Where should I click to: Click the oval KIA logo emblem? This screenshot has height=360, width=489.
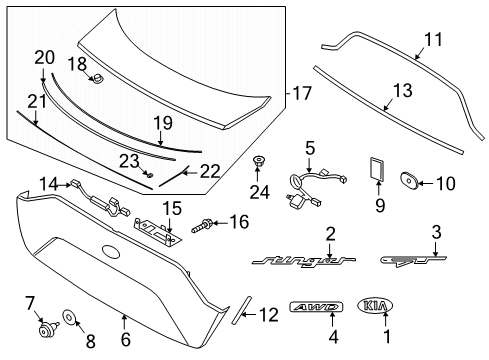tap(375, 305)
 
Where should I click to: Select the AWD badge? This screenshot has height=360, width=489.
tap(316, 307)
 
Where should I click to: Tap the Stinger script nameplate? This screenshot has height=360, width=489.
tap(303, 261)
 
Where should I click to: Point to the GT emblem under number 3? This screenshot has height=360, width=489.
tap(413, 260)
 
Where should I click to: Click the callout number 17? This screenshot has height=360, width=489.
tap(302, 93)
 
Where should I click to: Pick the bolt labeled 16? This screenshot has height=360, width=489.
tap(201, 226)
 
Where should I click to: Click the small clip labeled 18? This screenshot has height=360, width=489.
tap(98, 80)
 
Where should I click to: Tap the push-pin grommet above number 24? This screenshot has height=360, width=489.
tap(257, 162)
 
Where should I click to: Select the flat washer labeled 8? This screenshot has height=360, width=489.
tap(69, 317)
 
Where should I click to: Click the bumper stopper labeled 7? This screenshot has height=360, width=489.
tap(47, 329)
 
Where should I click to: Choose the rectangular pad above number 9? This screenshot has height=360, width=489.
tap(376, 169)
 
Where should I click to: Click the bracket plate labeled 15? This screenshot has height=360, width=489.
tap(157, 232)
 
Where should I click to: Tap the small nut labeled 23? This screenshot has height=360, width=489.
tap(150, 175)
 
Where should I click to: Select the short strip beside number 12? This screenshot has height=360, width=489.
tap(241, 310)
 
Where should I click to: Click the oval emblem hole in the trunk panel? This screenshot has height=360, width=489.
tap(111, 251)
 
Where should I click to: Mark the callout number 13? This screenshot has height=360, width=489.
tap(403, 90)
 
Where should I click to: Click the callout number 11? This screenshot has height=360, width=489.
tap(433, 39)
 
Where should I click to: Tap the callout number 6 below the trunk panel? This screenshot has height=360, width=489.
tap(126, 339)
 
